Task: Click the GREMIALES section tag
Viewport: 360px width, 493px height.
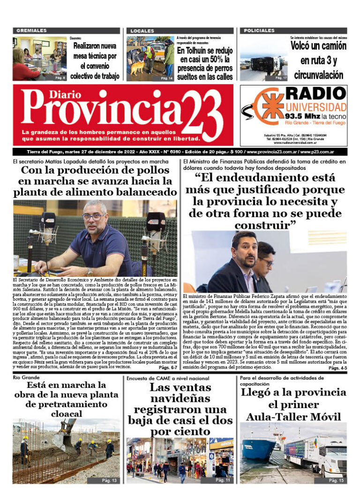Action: tap(31, 31)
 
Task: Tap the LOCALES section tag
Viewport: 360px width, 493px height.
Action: tap(142, 31)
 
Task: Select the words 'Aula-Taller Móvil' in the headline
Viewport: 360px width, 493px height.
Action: tap(293, 416)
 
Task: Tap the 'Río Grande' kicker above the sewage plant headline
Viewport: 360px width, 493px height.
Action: tap(26, 377)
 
